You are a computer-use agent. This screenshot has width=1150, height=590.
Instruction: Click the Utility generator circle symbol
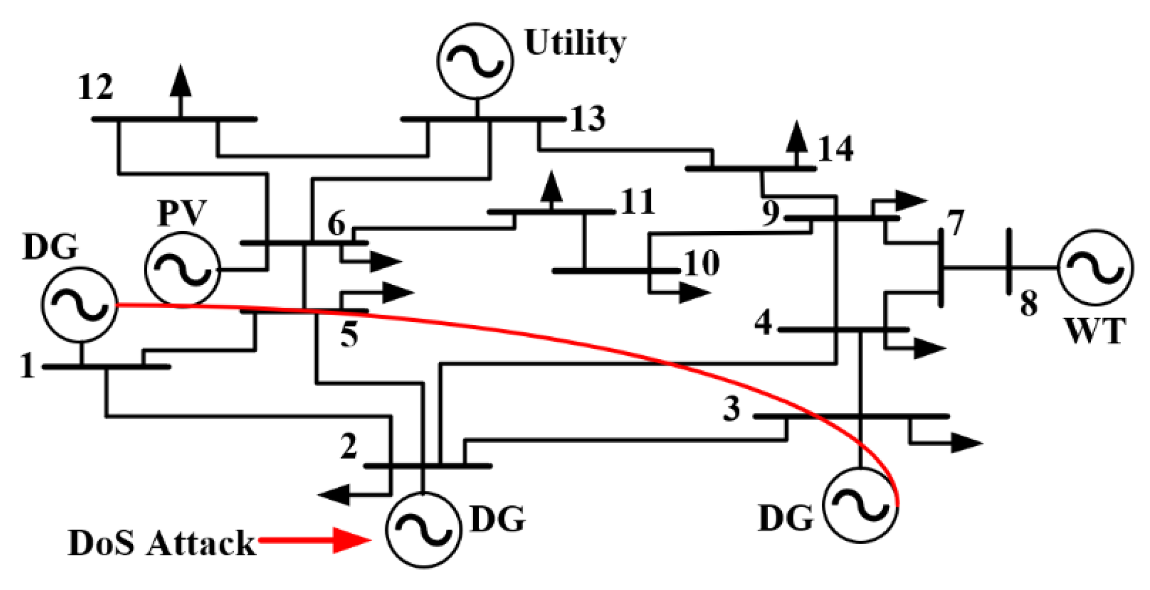point(475,61)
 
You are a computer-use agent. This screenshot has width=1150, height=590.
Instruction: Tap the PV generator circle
point(182,269)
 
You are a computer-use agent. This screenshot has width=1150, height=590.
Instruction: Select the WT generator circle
point(1095,267)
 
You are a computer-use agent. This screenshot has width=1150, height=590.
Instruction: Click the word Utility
point(575,43)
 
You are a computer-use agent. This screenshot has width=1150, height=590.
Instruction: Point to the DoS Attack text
point(161,543)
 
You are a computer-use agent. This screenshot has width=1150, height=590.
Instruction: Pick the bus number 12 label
point(95,88)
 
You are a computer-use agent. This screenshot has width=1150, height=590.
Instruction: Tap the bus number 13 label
point(588,119)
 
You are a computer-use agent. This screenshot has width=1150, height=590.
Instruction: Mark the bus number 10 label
point(702,263)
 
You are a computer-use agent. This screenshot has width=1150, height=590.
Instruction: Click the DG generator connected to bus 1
point(80,305)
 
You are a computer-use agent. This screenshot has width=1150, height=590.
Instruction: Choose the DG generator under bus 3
point(860,505)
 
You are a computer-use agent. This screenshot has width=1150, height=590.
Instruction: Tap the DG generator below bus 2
point(423,529)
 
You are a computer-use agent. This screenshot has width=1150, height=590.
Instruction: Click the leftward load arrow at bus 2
point(335,495)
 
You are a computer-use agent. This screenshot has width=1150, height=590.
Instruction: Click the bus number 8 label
point(1028,303)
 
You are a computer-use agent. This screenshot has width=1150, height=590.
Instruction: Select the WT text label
point(1094,331)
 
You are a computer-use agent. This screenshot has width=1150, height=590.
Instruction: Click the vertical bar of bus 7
point(941,267)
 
